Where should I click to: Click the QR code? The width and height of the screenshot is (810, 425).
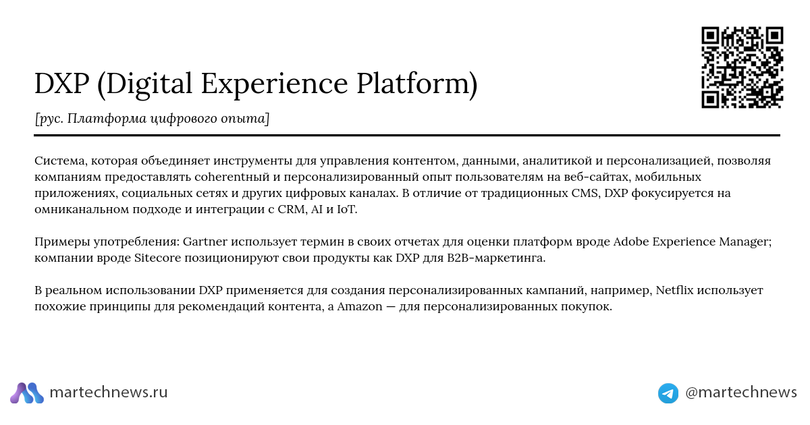click(x=742, y=67)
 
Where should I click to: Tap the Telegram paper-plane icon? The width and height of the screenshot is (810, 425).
click(x=668, y=393)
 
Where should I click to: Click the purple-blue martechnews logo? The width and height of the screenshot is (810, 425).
click(x=27, y=393)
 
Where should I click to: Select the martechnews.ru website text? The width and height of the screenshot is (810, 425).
click(x=109, y=392)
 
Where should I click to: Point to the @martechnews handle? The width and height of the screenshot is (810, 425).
click(x=741, y=393)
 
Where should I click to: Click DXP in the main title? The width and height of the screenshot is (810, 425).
click(x=62, y=84)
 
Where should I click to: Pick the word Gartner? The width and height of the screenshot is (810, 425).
click(x=205, y=242)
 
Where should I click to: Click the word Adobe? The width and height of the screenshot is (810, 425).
click(x=631, y=242)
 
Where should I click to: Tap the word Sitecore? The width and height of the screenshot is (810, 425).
click(x=158, y=258)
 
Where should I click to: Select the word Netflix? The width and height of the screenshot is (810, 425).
click(x=675, y=290)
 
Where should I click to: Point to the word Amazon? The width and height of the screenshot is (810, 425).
click(x=359, y=306)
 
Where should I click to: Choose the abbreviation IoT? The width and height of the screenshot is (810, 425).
click(x=347, y=209)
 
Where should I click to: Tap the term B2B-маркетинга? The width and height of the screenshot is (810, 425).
click(x=496, y=258)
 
